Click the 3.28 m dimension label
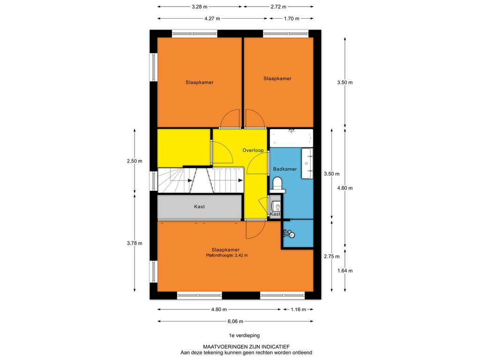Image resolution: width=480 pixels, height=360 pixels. [x=199, y=7]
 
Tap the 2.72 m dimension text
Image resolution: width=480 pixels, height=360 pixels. [x=278, y=7]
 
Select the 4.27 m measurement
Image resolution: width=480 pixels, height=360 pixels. [x=212, y=18]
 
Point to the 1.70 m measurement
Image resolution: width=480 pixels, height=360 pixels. [x=292, y=18]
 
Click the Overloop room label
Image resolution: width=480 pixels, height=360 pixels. [x=253, y=150]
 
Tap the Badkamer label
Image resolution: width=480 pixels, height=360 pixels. [x=285, y=169]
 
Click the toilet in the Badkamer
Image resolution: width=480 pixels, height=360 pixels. [x=278, y=185]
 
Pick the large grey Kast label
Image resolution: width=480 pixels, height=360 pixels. [x=199, y=207]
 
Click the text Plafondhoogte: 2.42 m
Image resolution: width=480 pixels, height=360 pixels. [x=227, y=255]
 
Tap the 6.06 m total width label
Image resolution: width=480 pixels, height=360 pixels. [x=235, y=322]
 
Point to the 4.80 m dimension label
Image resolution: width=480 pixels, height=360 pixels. [x=219, y=309]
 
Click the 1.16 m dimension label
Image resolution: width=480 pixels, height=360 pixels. [x=298, y=309]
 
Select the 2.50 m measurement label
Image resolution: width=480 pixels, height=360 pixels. [x=135, y=161]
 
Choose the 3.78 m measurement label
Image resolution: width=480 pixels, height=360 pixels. [x=135, y=243]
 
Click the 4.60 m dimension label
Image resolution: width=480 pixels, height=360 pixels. [x=345, y=188]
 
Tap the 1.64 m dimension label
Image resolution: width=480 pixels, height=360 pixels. [x=345, y=270]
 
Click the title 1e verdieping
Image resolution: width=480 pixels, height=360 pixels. [x=244, y=336]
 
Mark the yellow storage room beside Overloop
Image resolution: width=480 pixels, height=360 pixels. [x=184, y=148]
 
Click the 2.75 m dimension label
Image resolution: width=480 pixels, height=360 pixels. [x=332, y=256]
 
